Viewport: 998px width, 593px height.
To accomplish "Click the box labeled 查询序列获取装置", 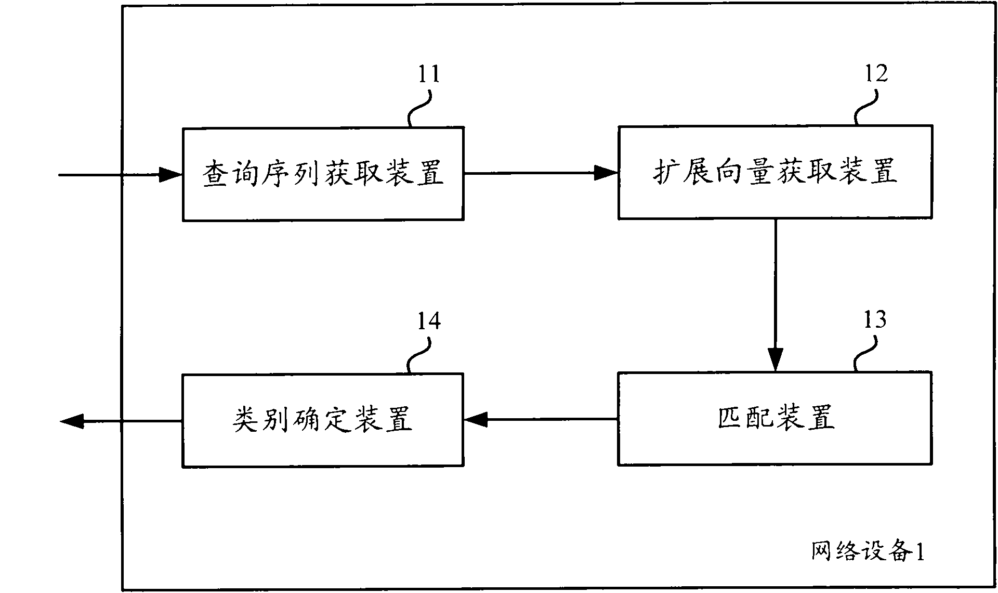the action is tap(323, 174).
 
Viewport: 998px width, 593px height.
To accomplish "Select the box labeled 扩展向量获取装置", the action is tap(775, 172).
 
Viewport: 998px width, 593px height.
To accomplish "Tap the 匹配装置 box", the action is tap(775, 418).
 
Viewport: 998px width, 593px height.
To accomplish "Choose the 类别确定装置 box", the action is tap(323, 420).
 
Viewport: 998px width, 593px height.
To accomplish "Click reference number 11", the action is tap(429, 74).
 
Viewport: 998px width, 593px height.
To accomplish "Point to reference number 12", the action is tap(876, 73).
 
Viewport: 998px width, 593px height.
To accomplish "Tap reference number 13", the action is tap(875, 319).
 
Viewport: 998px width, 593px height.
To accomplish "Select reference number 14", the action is tap(429, 321).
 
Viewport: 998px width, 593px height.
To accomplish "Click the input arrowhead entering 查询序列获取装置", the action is tap(170, 175).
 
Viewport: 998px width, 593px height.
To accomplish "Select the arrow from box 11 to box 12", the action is tap(541, 173).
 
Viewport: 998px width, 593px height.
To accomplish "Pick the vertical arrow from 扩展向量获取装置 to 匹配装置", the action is tap(775, 295).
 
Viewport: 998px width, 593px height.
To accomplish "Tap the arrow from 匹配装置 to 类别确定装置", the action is tap(541, 419).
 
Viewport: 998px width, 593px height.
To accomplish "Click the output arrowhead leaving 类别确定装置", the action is tap(72, 421).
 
